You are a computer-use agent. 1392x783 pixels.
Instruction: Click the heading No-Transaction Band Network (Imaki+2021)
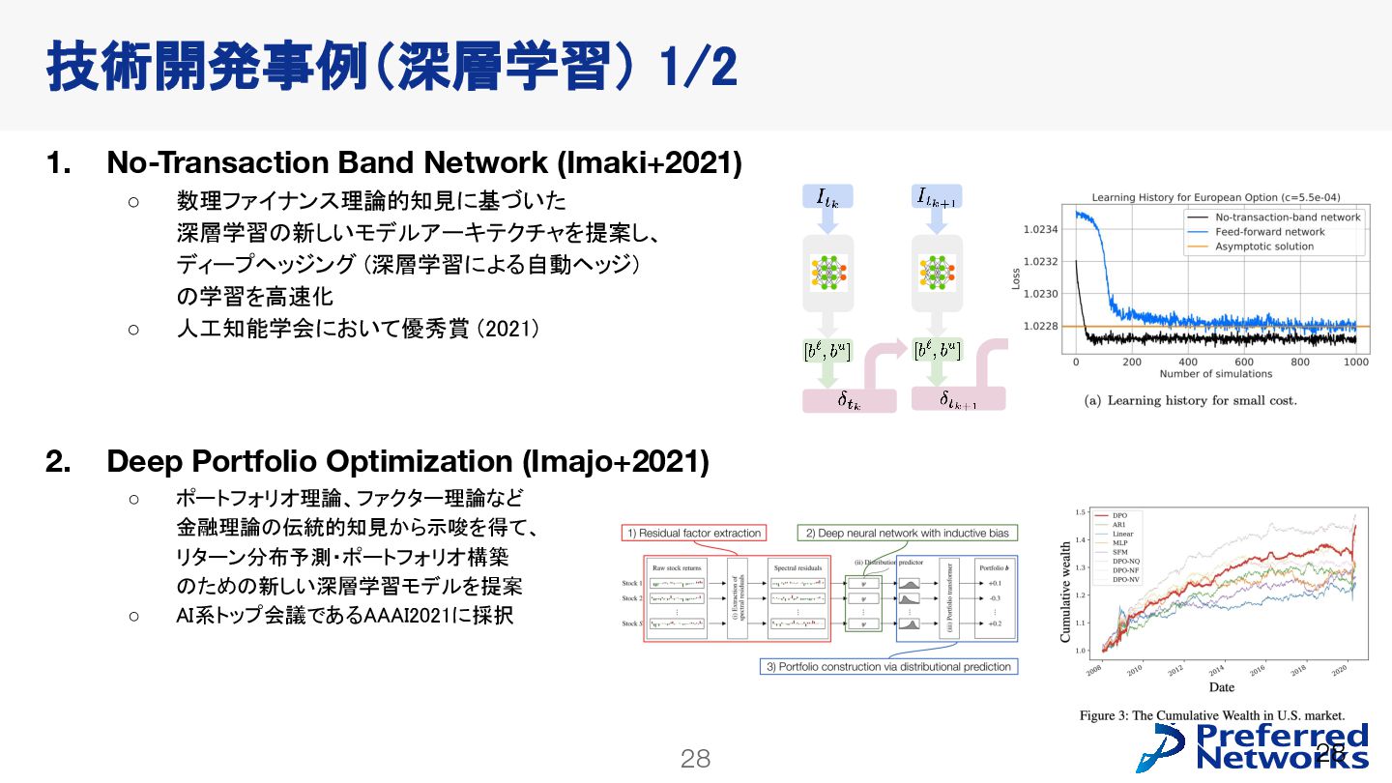(x=423, y=162)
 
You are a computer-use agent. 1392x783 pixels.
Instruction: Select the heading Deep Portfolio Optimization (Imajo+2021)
(x=407, y=462)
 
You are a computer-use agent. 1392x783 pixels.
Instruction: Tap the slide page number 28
(x=695, y=759)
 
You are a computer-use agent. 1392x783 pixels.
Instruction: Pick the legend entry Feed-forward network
(x=1269, y=232)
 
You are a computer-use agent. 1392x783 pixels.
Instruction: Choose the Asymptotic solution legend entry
(x=1264, y=246)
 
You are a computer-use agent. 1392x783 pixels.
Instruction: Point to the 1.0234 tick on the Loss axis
(x=1040, y=229)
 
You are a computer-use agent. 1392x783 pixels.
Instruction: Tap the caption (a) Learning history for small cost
(x=1190, y=400)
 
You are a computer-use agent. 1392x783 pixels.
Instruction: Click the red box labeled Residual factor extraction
(x=694, y=533)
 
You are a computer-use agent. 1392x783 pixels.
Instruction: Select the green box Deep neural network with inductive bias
(x=907, y=533)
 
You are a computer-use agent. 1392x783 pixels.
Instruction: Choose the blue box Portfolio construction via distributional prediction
(x=888, y=666)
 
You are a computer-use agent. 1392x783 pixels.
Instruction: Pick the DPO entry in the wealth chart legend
(x=1120, y=515)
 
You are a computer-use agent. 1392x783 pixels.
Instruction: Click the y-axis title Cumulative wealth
(x=1066, y=592)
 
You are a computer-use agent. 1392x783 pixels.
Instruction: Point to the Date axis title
(x=1221, y=687)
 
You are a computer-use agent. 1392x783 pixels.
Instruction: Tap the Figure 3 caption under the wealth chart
(x=1211, y=715)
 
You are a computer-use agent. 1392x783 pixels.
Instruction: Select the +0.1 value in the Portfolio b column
(x=995, y=583)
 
